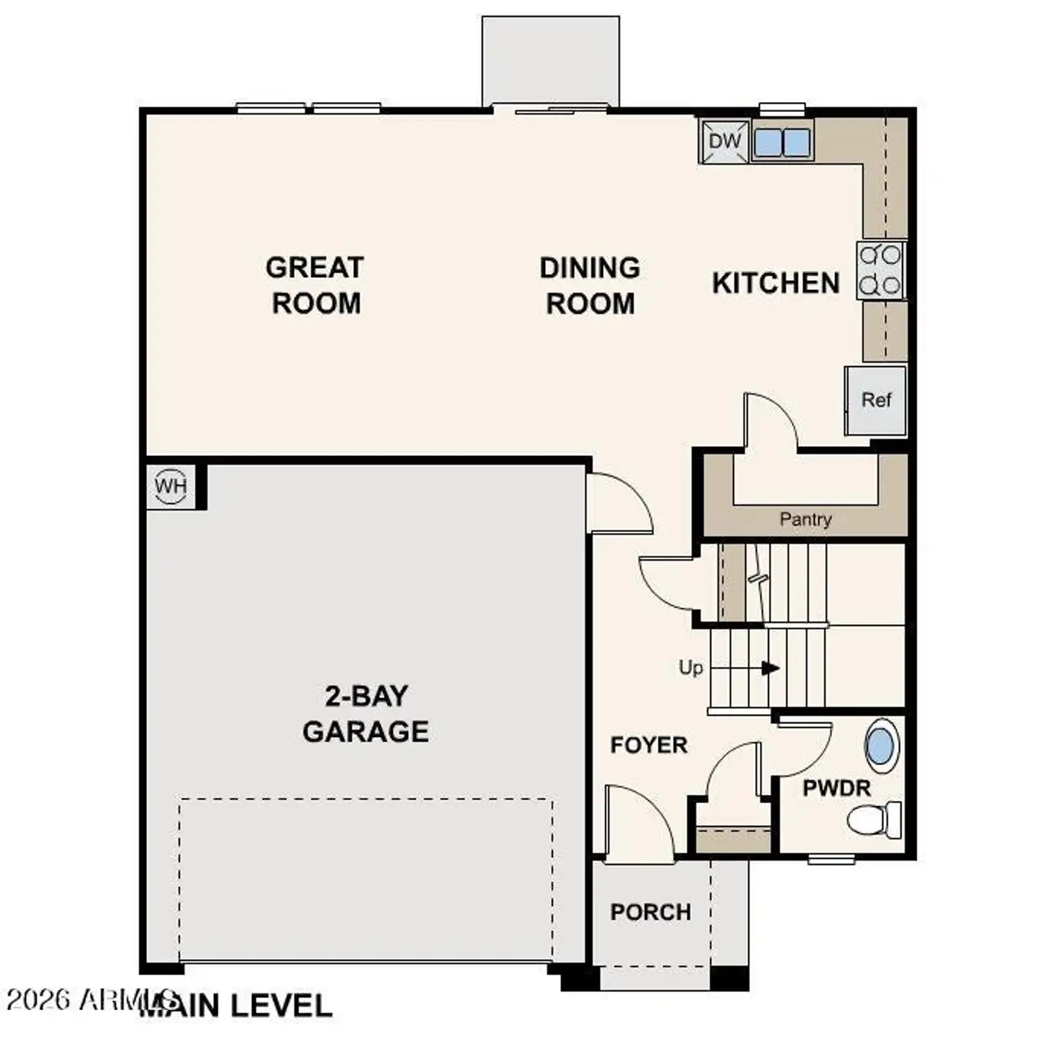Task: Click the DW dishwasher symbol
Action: click(724, 141)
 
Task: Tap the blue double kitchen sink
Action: click(781, 142)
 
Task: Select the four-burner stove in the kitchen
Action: click(881, 270)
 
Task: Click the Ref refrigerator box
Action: click(876, 400)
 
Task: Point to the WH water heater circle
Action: click(171, 486)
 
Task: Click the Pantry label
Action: click(805, 519)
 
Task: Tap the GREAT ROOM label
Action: click(315, 285)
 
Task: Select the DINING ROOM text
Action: click(589, 285)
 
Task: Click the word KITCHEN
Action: click(776, 283)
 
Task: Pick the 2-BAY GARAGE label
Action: click(365, 713)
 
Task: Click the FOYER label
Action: click(649, 744)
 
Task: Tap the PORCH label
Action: click(650, 911)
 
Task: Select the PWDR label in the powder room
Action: click(836, 789)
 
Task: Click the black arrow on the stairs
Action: click(769, 668)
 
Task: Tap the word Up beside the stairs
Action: click(691, 668)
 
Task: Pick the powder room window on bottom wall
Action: click(831, 859)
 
